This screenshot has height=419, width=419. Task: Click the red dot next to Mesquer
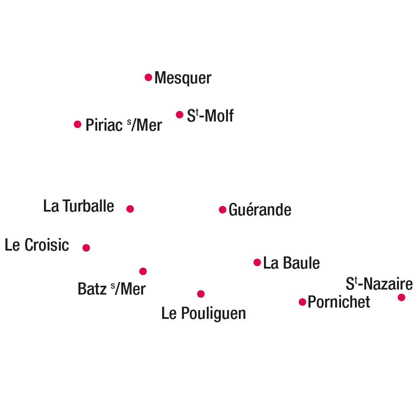coord(148,78)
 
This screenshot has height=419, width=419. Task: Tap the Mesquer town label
coord(183,78)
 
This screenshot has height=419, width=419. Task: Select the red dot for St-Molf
coord(180,115)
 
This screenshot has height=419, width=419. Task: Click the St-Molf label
coord(210,116)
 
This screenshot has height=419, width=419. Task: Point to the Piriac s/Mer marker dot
coord(78,124)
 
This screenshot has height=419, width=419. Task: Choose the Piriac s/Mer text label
coord(124,125)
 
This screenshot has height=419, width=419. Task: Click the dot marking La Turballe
coord(130,209)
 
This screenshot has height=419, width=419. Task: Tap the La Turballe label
coord(79,206)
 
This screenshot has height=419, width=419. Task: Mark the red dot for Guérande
coord(222,210)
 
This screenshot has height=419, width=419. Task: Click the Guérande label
coord(260,209)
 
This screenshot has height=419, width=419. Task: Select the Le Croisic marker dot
coord(86,248)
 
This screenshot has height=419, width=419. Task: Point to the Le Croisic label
coord(37,245)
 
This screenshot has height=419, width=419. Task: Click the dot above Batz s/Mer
coord(143,271)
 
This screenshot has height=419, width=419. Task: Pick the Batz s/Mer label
coord(112,289)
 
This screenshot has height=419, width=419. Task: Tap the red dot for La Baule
coord(257,262)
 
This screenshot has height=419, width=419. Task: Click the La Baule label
coord(292,263)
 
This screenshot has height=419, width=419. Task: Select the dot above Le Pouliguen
coord(201,294)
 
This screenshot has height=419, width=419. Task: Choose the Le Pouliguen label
coord(204,313)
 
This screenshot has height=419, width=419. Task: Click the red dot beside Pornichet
coord(302,302)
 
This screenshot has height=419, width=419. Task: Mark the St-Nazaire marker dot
coord(401,297)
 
